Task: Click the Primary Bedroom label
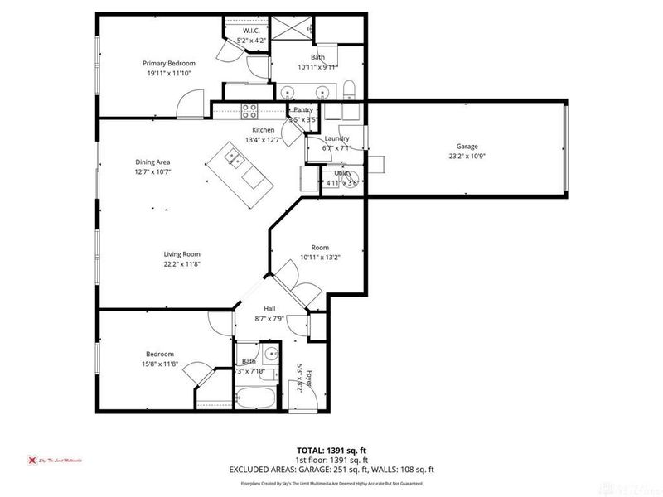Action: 168,64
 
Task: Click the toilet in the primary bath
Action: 350,89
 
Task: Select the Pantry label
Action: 303,109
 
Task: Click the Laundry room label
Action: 336,138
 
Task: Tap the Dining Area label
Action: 152,162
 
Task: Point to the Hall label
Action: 269,308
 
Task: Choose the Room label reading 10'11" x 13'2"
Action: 320,248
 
